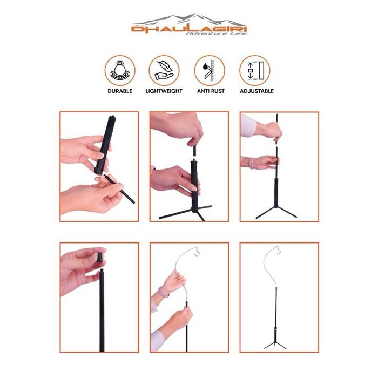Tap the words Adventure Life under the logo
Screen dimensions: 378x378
216,33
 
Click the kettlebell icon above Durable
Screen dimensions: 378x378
120,71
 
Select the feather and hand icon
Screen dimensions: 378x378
164,71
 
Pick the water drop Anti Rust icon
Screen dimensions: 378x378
210,71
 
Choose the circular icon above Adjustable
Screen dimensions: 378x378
255,71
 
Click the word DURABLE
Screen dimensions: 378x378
120,91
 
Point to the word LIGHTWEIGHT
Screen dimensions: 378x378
164,91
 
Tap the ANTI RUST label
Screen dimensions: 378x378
211,91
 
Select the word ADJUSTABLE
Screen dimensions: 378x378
256,91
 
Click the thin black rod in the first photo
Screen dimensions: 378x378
119,189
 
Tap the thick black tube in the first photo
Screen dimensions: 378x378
105,145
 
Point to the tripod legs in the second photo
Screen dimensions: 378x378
185,213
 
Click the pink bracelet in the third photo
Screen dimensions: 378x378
251,163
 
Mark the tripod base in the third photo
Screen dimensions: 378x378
276,212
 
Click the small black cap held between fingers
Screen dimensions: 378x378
99,256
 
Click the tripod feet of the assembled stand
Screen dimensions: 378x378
275,345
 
